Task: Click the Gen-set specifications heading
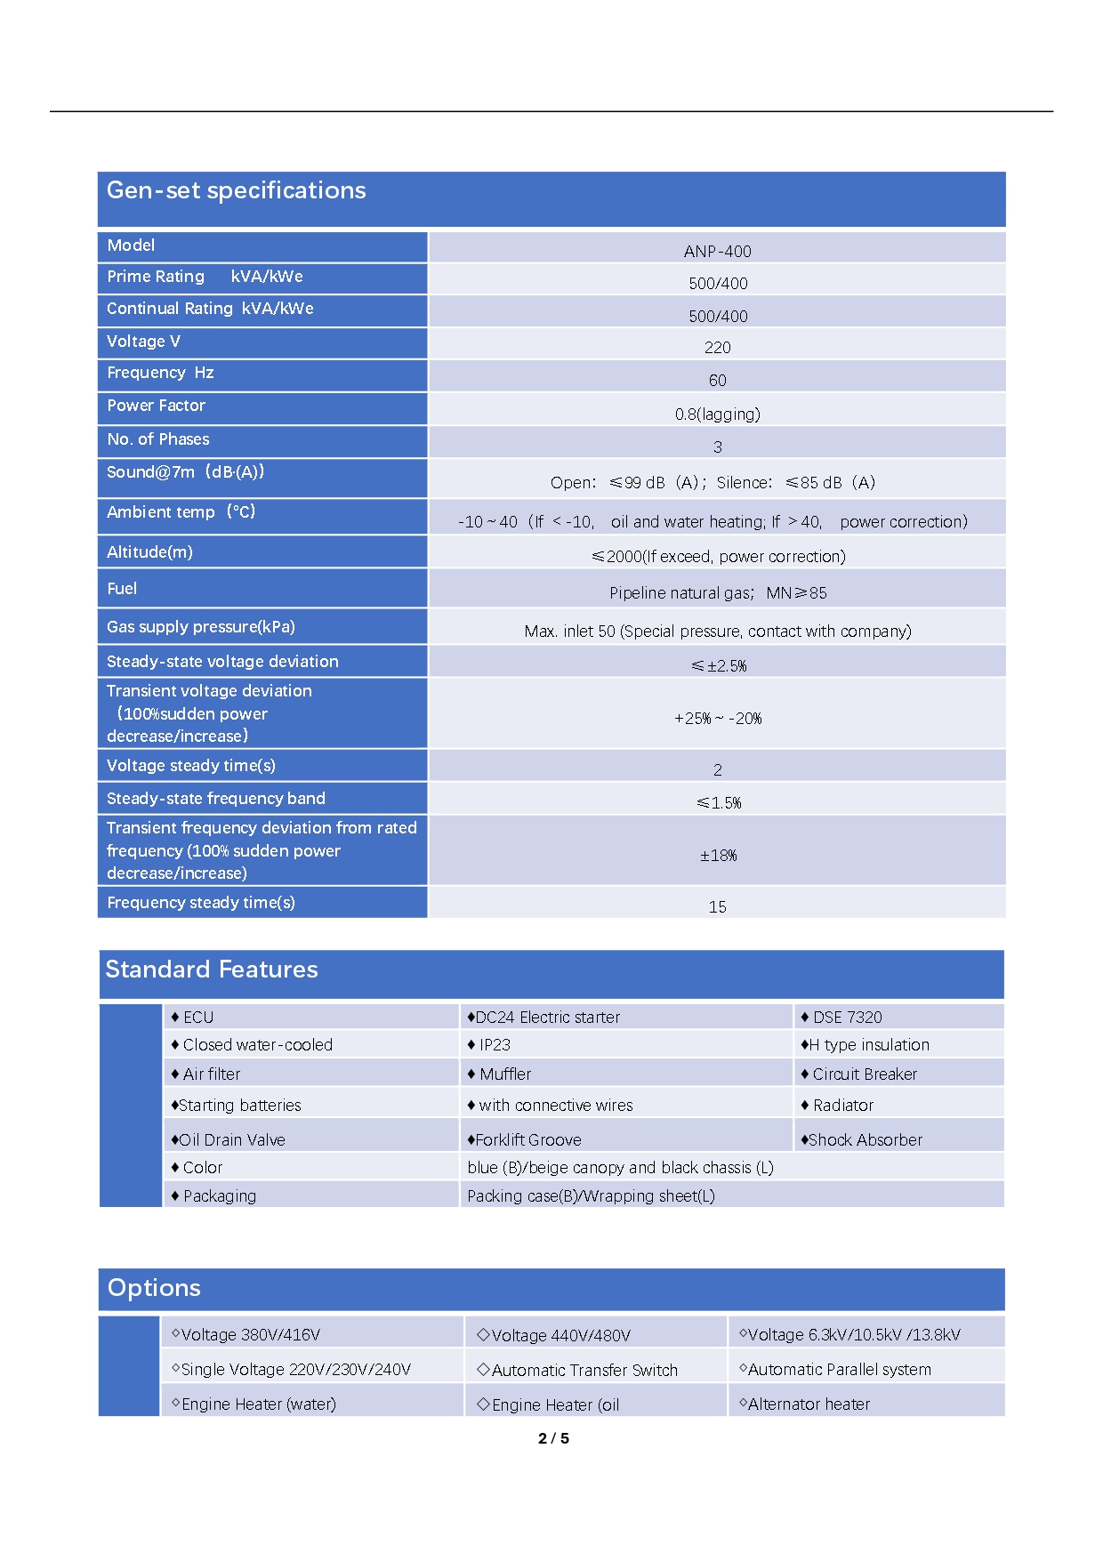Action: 236,190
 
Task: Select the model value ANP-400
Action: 717,252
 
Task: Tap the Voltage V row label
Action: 143,342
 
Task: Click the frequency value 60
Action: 717,381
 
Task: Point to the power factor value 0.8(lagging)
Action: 717,414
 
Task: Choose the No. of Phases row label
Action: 158,439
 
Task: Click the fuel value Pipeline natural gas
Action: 717,593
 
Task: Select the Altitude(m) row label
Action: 149,552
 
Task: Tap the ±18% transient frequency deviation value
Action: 717,856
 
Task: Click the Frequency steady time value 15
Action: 717,907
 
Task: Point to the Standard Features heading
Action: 212,970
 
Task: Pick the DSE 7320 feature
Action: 846,1018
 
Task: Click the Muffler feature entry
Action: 504,1074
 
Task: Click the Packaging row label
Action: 219,1196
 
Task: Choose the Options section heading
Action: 154,1288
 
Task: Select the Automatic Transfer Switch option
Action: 584,1371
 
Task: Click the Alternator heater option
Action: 808,1404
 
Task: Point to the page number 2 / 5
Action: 553,1438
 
